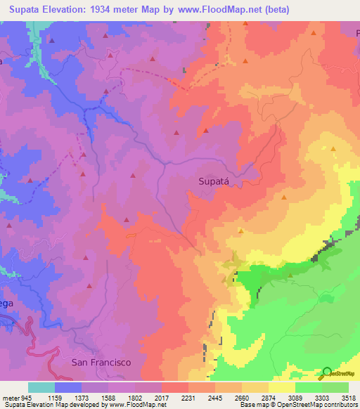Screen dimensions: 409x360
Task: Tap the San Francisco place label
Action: point(102,362)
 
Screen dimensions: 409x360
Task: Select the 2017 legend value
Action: point(161,397)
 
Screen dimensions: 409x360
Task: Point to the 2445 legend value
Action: point(215,397)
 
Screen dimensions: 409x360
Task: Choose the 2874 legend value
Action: point(269,397)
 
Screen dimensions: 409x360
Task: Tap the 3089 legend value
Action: point(295,397)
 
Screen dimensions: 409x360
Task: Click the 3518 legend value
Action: point(349,397)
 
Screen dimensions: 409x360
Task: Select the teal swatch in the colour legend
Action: point(41,387)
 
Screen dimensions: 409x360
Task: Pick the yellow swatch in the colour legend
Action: point(282,387)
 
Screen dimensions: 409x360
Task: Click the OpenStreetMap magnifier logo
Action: point(327,372)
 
